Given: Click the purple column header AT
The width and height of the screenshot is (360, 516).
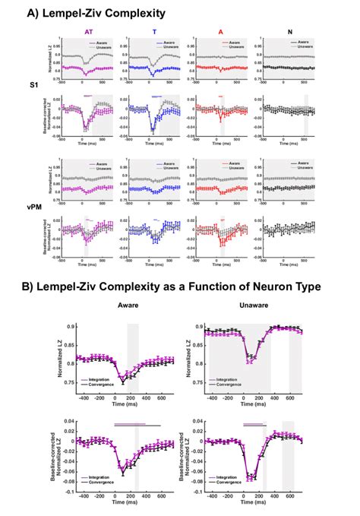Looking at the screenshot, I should tap(90, 33).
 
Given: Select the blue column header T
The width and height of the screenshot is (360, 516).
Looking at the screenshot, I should tap(156, 33).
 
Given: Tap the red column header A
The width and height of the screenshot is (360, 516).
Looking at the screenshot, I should tap(222, 33).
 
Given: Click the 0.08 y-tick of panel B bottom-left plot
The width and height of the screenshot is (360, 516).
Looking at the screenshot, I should tap(72, 421).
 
